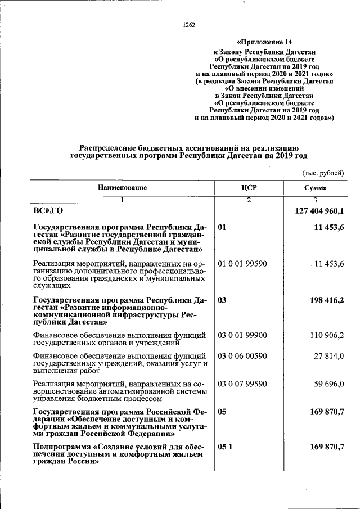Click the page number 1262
(x=189, y=24)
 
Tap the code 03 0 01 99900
(x=242, y=336)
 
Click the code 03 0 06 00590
(x=242, y=356)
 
